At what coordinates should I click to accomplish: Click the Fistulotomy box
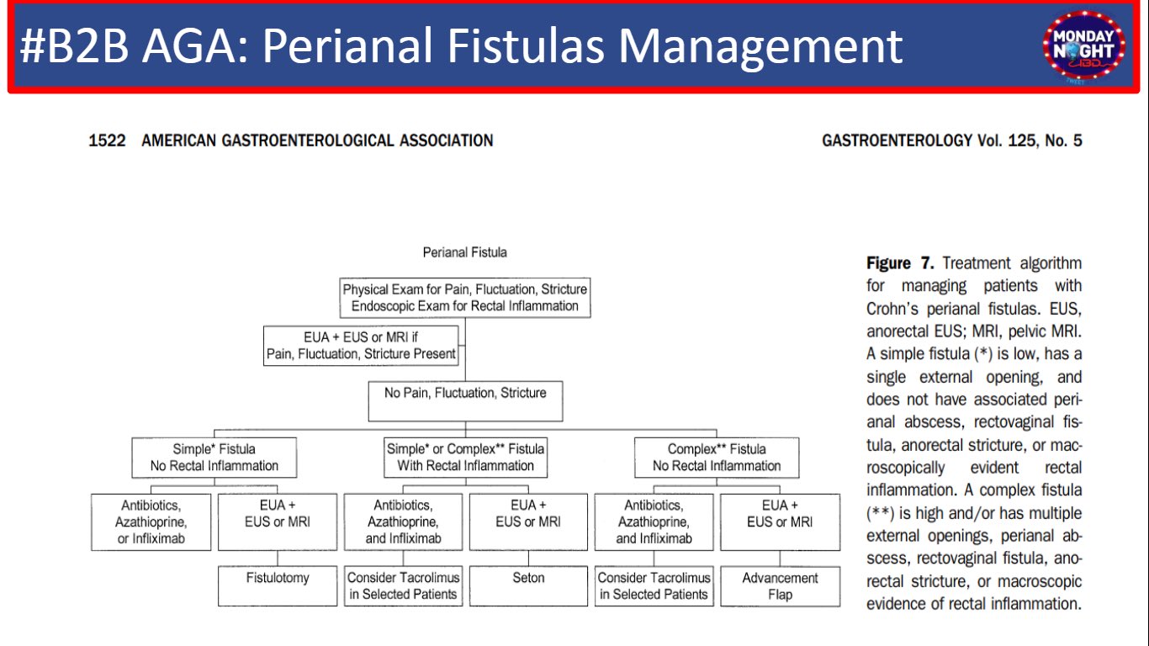[x=278, y=585]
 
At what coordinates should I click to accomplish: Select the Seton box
[x=528, y=585]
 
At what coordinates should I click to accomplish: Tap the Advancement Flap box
[x=780, y=585]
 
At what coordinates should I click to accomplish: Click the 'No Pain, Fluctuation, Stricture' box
[x=465, y=401]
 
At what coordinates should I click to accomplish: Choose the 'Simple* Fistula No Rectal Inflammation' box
[x=214, y=458]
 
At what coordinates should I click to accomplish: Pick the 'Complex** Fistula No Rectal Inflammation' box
[x=717, y=458]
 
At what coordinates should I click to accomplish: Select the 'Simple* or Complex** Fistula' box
[x=465, y=458]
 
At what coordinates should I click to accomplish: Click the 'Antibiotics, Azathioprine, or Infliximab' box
[x=151, y=522]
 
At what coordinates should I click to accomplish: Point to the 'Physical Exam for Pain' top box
[x=465, y=298]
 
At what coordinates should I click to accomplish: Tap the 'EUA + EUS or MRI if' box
[x=361, y=346]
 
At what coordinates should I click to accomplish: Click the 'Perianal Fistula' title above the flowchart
[x=464, y=252]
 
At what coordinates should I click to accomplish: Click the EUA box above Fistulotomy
[x=278, y=522]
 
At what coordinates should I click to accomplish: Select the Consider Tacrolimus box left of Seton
[x=403, y=585]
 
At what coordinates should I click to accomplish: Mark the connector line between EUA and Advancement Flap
[x=780, y=559]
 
